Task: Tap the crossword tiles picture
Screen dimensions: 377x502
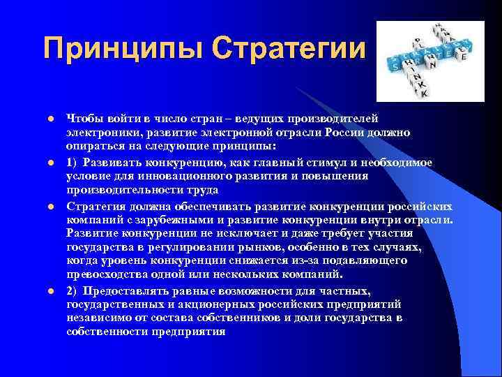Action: (x=425, y=61)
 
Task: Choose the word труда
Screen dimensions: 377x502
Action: (x=201, y=190)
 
